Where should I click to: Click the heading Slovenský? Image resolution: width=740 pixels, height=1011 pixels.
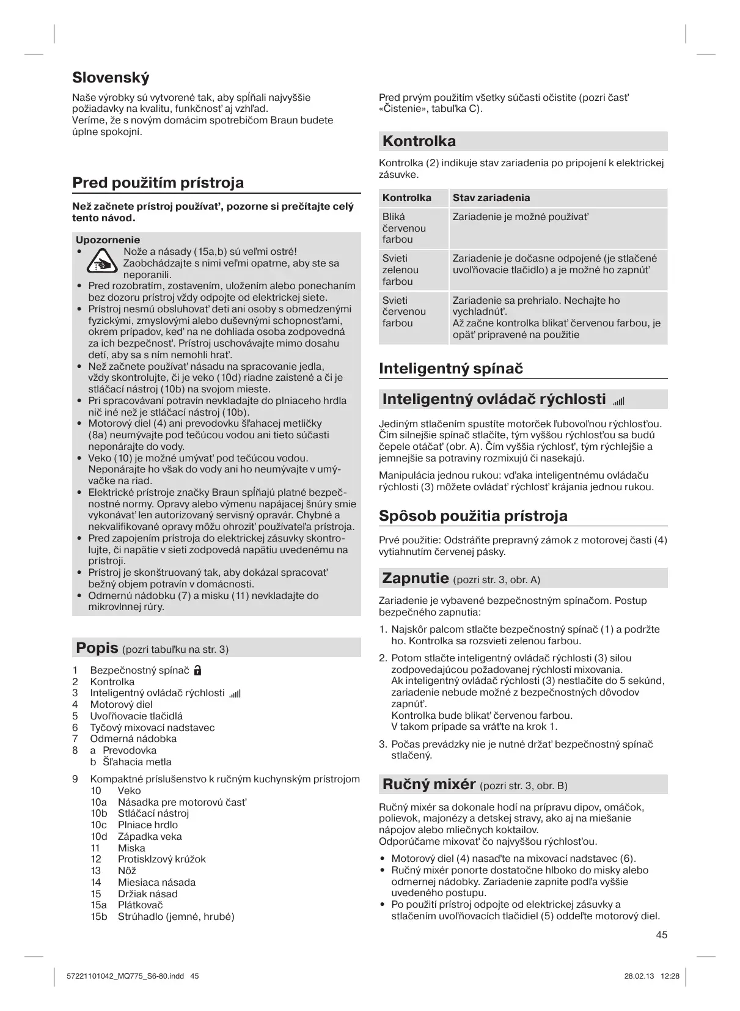111,78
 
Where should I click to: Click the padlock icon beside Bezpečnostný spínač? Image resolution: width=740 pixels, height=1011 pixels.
197,670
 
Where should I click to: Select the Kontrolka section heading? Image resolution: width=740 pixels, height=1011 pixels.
419,141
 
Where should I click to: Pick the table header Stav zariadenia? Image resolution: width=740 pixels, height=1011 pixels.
491,197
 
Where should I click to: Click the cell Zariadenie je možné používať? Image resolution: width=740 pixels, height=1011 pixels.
520,216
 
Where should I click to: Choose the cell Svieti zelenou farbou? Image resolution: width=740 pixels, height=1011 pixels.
401,270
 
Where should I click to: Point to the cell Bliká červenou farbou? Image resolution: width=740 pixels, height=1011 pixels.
404,227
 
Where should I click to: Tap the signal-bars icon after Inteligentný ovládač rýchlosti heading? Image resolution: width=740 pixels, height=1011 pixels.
618,400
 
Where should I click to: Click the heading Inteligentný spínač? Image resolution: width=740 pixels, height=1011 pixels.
451,368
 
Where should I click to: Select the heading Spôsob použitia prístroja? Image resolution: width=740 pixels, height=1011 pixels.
473,515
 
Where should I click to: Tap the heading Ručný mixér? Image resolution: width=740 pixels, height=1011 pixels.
428,784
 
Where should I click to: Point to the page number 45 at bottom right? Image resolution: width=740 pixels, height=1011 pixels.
661,935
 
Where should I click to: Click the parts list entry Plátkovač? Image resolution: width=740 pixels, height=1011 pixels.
140,905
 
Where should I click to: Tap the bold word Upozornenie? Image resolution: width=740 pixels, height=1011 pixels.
108,240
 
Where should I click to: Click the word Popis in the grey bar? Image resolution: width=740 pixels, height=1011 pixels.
96,647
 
